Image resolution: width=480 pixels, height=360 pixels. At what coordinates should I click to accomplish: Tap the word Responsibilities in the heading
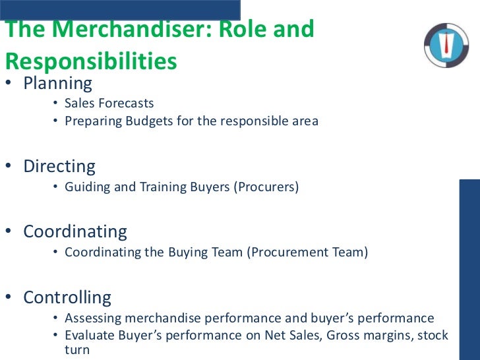91,61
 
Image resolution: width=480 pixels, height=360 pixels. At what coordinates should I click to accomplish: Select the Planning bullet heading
58,84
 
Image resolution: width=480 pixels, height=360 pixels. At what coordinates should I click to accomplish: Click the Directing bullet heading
59,166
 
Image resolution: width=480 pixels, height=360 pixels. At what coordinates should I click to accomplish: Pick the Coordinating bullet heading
75,231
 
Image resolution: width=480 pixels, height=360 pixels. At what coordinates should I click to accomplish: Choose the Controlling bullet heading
67,297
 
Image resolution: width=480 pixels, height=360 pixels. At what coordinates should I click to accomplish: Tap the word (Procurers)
266,187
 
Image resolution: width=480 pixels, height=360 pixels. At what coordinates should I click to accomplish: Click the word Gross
318,336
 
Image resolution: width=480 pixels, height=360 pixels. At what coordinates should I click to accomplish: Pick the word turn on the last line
77,350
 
